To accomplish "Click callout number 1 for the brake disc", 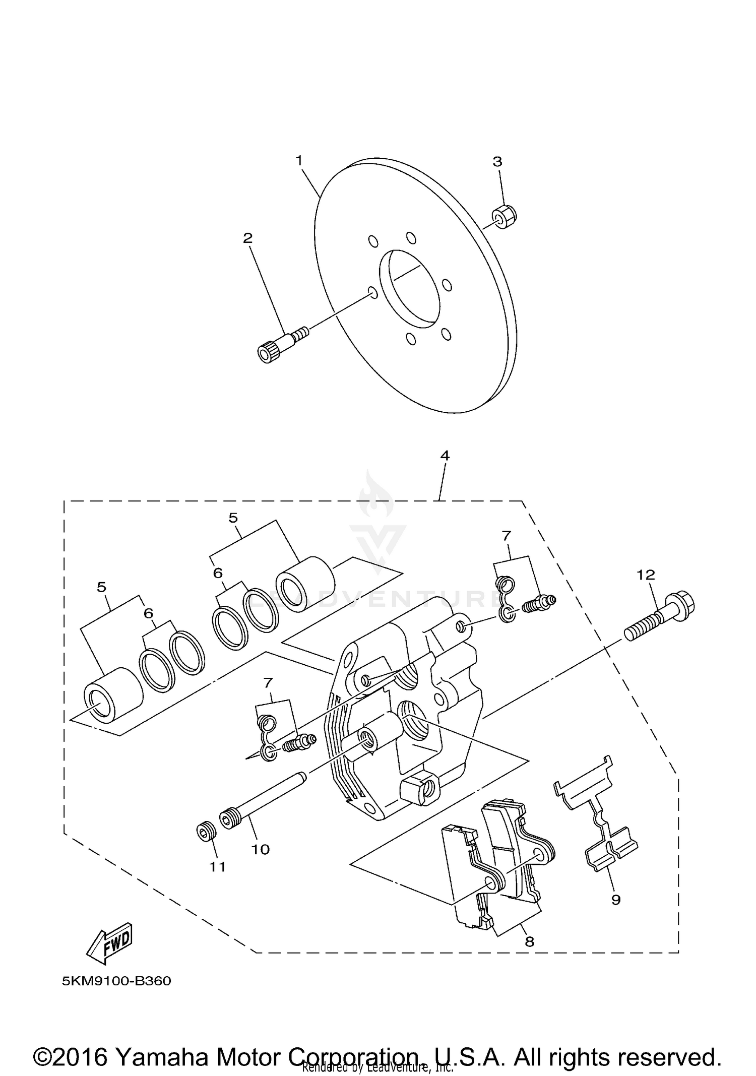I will coord(299,161).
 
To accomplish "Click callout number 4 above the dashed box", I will coord(445,455).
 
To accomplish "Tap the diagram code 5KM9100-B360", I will coord(116,981).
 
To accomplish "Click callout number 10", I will coord(261,849).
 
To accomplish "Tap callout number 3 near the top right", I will coord(497,162).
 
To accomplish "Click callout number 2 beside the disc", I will coord(247,238).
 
